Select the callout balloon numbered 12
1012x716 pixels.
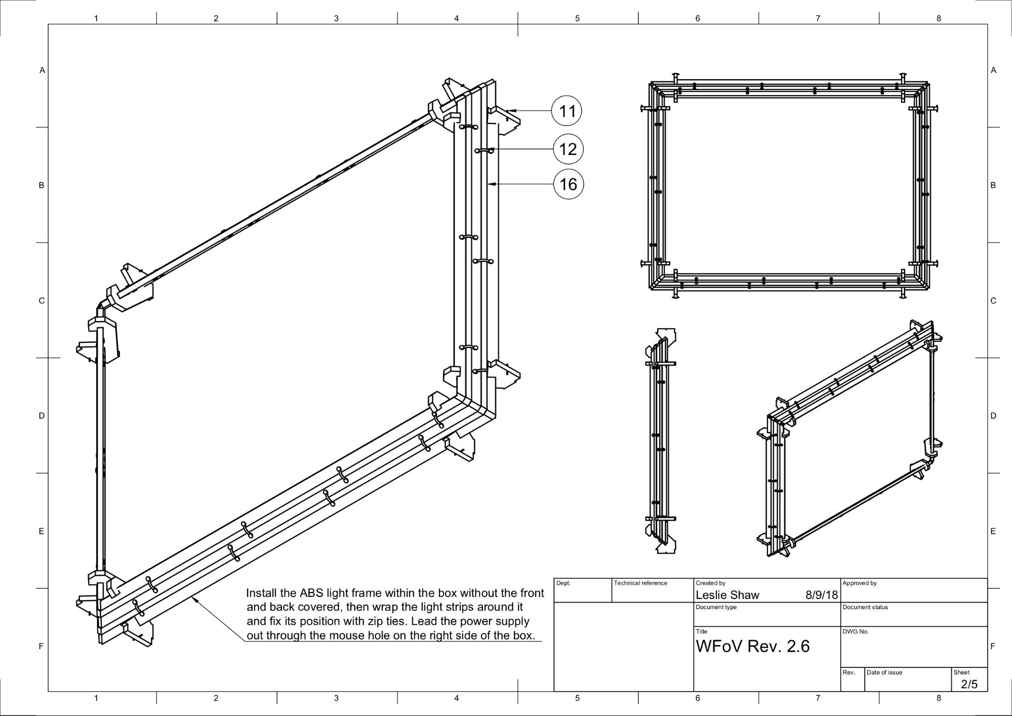568,149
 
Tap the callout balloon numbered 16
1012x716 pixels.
568,184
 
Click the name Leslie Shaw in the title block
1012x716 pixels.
727,595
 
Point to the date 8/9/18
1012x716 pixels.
821,595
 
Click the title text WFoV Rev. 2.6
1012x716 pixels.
752,646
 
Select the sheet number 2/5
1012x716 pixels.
969,684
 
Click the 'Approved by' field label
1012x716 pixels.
859,583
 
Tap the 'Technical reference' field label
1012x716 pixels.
640,583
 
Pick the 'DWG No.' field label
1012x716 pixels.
855,631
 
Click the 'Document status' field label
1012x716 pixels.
865,607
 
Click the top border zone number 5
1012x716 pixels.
577,18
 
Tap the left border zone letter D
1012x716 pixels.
42,416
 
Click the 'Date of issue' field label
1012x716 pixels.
884,672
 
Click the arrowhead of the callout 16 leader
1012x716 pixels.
490,184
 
